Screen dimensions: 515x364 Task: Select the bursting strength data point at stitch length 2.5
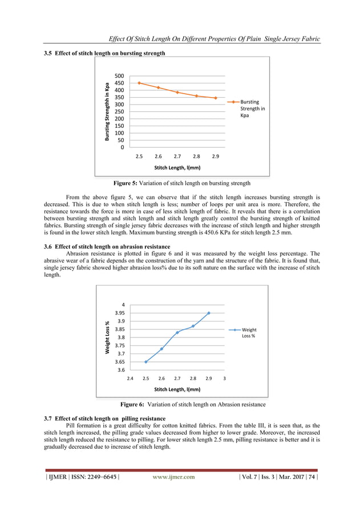(139, 83)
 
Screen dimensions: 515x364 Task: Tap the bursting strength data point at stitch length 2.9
(216, 98)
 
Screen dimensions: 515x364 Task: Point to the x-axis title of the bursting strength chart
(177, 168)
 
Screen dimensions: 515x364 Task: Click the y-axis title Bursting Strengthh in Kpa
(107, 112)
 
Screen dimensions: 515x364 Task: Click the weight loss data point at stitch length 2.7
(177, 332)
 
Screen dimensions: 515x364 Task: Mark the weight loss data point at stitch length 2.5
(146, 361)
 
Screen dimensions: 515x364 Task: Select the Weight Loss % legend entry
(249, 333)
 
